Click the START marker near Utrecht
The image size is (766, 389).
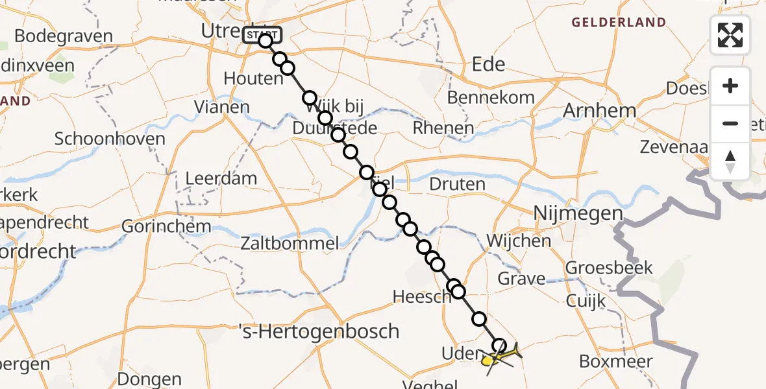[262, 34]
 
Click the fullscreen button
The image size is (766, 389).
[730, 35]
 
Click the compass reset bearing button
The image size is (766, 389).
[730, 161]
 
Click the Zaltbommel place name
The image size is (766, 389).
[290, 244]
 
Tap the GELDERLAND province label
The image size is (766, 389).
[618, 23]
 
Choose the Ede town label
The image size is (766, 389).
[488, 64]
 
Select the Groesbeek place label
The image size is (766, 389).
[600, 267]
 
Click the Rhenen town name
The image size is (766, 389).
[443, 128]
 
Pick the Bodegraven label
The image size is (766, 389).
[63, 36]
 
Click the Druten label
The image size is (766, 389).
[457, 184]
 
